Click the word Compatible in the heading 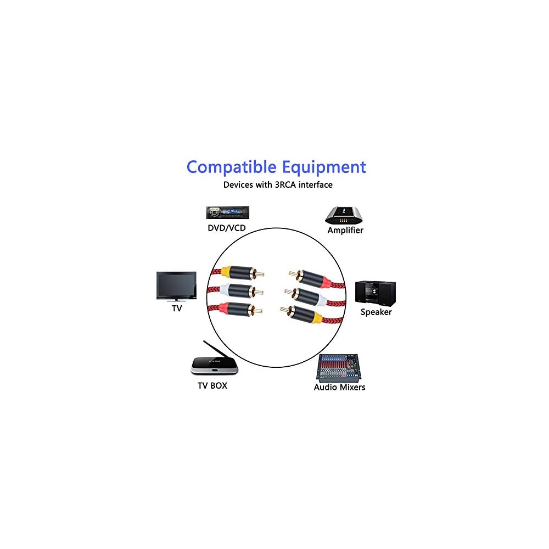(232, 167)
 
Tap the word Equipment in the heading (324, 166)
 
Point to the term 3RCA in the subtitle (285, 185)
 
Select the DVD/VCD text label (226, 228)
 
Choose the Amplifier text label (345, 231)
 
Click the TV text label (177, 309)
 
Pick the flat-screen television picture (176, 285)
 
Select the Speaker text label (376, 312)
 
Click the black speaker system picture (376, 292)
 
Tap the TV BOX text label (212, 386)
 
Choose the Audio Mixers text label (339, 387)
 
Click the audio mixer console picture (340, 367)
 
